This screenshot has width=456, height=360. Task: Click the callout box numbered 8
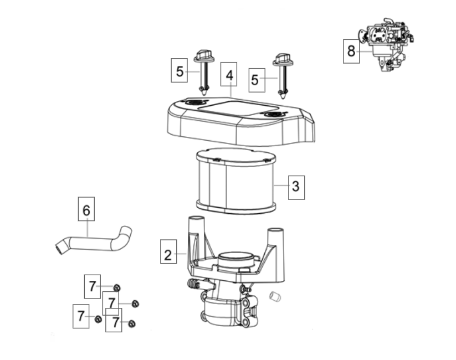click(351, 51)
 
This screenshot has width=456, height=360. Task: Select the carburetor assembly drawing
click(387, 44)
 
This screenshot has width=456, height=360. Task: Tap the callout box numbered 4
click(229, 74)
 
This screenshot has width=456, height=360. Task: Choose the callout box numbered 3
click(296, 188)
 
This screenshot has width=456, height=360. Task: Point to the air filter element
click(236, 181)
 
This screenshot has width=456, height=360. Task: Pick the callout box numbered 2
click(168, 251)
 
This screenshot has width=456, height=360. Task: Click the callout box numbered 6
click(86, 209)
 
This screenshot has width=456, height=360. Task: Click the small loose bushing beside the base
click(275, 296)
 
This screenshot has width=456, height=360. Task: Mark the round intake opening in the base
click(235, 256)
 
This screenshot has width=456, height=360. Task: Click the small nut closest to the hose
click(117, 288)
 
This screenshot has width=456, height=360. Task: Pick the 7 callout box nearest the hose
click(93, 286)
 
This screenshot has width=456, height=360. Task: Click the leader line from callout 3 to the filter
click(281, 185)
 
